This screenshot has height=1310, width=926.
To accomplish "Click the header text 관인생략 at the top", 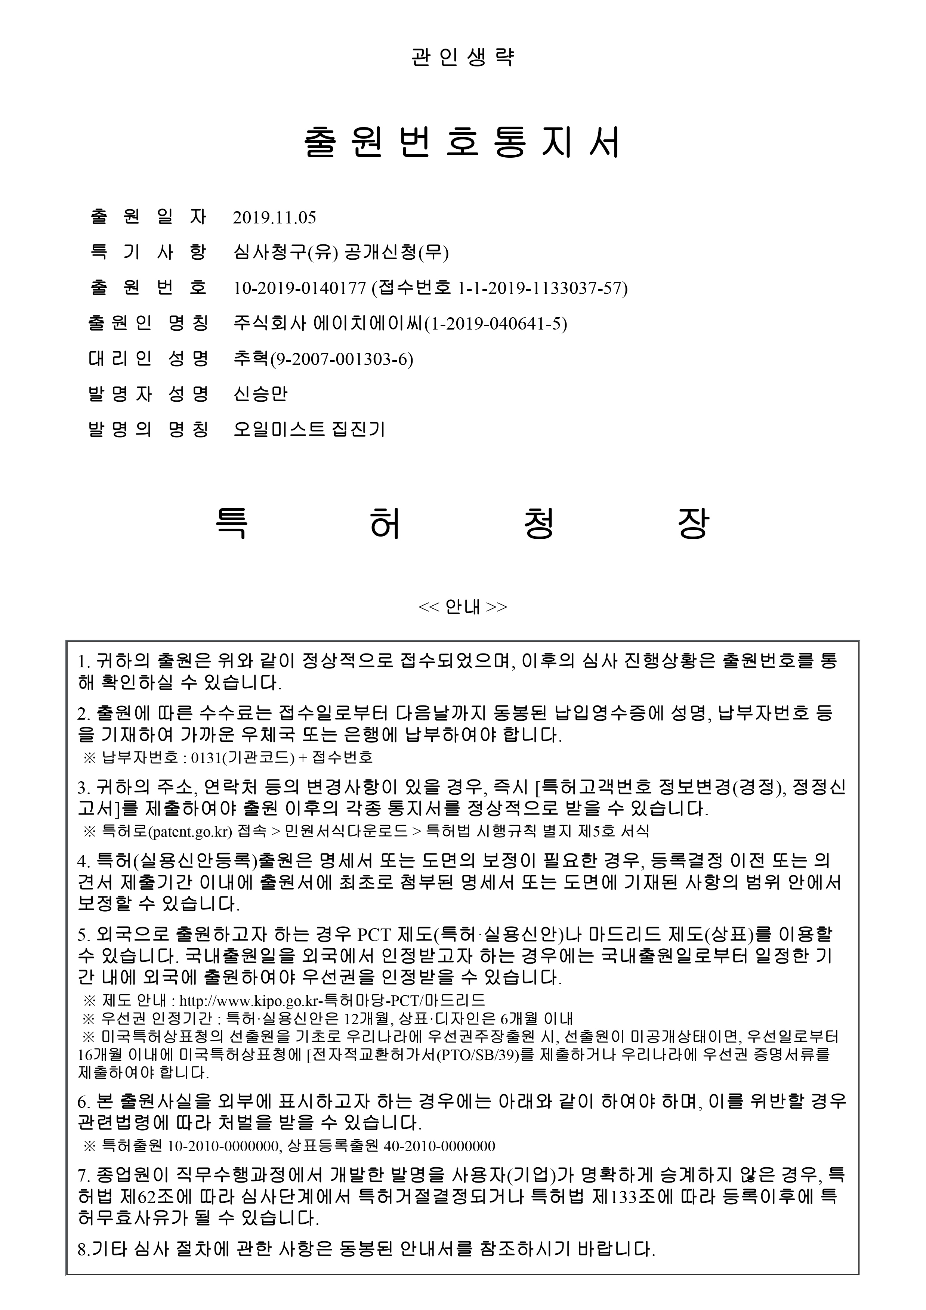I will pyautogui.click(x=463, y=58).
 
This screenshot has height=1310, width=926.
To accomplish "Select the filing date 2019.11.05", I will pyautogui.click(x=274, y=217).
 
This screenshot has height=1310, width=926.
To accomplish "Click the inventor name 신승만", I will pyautogui.click(x=260, y=394).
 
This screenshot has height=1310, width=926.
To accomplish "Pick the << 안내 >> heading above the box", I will pyautogui.click(x=463, y=606).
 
